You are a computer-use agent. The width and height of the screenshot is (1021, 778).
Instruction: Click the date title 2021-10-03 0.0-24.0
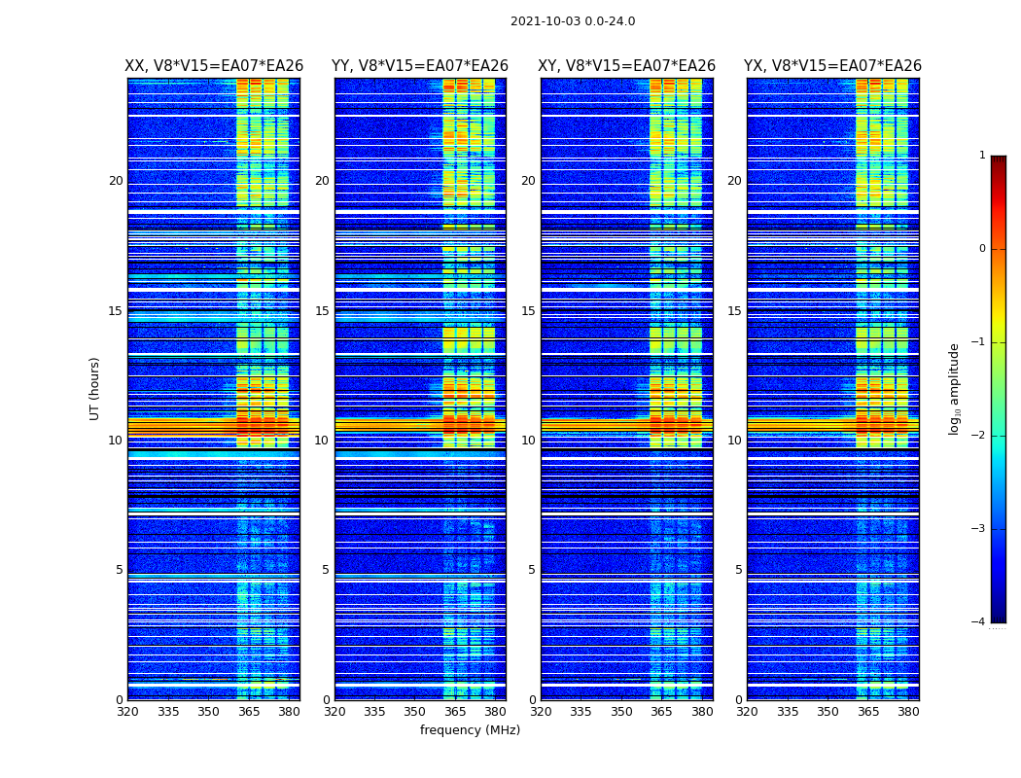coord(573,21)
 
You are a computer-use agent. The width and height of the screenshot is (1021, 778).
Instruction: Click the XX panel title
coord(214,66)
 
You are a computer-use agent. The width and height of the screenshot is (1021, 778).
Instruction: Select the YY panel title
coord(420,66)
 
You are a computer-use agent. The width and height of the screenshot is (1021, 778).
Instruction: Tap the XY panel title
coord(627,66)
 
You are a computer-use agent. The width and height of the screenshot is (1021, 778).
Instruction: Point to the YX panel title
coord(832,66)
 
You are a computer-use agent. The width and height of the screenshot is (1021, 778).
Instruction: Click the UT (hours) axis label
coord(95,388)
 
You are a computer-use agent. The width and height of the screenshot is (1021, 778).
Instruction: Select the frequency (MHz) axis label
coord(470,730)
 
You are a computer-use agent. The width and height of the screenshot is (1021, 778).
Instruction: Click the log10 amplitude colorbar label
coord(955,388)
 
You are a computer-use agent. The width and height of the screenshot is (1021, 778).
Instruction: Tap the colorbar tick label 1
coord(982,156)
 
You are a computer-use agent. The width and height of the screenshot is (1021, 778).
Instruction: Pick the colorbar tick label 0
coord(982,249)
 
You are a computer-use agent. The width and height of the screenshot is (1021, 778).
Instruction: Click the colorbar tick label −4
coord(979,622)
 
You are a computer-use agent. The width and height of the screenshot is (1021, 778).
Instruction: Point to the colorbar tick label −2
coord(979,436)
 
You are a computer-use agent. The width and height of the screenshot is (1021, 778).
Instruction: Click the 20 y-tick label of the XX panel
coord(116,181)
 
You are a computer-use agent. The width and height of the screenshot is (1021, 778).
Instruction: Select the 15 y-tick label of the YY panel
coord(322,311)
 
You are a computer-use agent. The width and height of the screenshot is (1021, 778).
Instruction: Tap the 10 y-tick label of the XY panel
coord(528,441)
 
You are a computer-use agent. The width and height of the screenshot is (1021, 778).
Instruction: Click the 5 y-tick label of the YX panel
coord(739,570)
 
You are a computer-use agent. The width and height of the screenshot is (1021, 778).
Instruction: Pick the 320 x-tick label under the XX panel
coord(127,712)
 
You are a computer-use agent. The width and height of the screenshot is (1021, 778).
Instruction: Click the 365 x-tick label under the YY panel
coord(455,712)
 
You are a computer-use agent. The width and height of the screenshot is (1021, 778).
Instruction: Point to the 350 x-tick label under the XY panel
coord(621,712)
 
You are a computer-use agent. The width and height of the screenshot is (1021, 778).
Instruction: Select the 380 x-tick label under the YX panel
coord(908,712)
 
